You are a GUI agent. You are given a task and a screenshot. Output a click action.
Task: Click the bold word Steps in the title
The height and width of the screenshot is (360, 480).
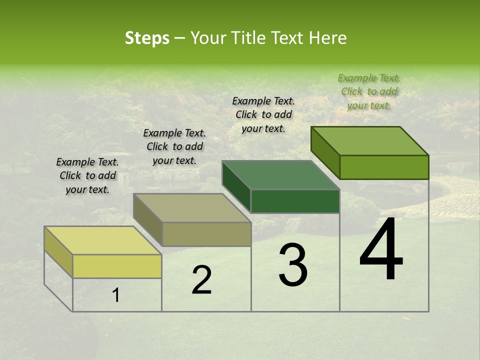(147, 38)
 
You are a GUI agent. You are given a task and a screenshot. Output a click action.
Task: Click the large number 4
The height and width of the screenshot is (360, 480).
(381, 250)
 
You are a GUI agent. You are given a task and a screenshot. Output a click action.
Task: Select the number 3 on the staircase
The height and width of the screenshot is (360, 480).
(293, 265)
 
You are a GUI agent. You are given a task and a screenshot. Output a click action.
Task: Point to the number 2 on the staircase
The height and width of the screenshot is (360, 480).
(201, 280)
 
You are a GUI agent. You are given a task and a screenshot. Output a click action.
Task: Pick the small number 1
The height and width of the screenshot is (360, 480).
(116, 295)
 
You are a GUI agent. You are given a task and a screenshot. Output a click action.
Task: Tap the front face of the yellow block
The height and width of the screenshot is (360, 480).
(117, 266)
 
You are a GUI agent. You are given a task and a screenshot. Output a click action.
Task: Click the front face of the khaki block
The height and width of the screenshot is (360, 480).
(206, 234)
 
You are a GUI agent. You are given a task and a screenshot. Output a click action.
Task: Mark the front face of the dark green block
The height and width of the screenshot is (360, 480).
(295, 201)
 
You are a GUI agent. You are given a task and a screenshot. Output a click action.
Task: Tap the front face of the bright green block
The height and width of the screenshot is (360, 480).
(384, 167)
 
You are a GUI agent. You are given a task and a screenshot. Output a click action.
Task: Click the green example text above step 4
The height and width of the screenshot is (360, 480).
(369, 91)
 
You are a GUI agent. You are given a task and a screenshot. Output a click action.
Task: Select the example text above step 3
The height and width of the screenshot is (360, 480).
(263, 114)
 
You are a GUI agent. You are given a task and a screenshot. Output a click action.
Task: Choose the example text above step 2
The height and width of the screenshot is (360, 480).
(174, 146)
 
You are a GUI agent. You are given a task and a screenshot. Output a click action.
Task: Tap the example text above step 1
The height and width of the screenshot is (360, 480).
(87, 175)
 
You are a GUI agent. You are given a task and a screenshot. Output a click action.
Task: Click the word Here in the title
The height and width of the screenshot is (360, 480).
(327, 38)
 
